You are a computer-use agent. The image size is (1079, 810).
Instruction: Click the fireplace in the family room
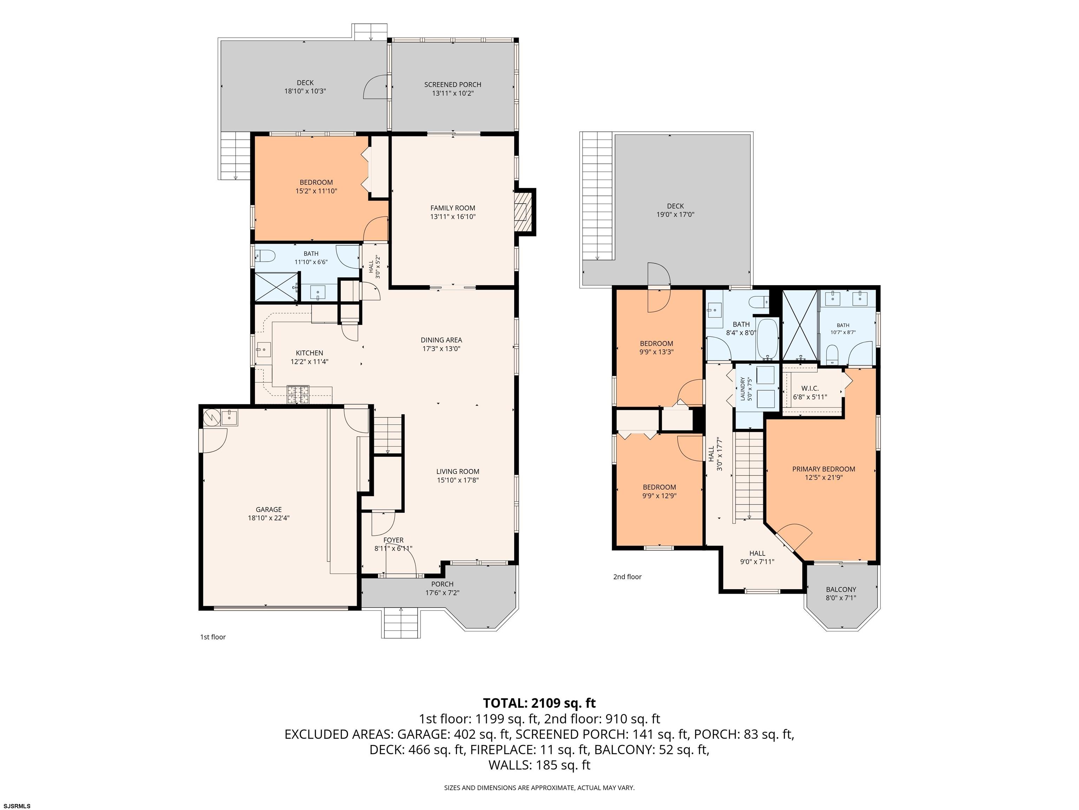(524, 211)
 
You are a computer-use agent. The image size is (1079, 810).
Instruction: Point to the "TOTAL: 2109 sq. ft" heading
(539, 703)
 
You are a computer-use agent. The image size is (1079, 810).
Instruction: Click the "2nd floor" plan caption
(627, 577)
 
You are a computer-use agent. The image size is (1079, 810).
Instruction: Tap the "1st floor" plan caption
(213, 637)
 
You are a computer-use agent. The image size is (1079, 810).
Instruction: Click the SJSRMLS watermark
(17, 806)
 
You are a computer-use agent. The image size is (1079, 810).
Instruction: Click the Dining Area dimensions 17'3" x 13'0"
(442, 349)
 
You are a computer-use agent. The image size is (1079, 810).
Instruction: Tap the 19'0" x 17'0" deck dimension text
(675, 214)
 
